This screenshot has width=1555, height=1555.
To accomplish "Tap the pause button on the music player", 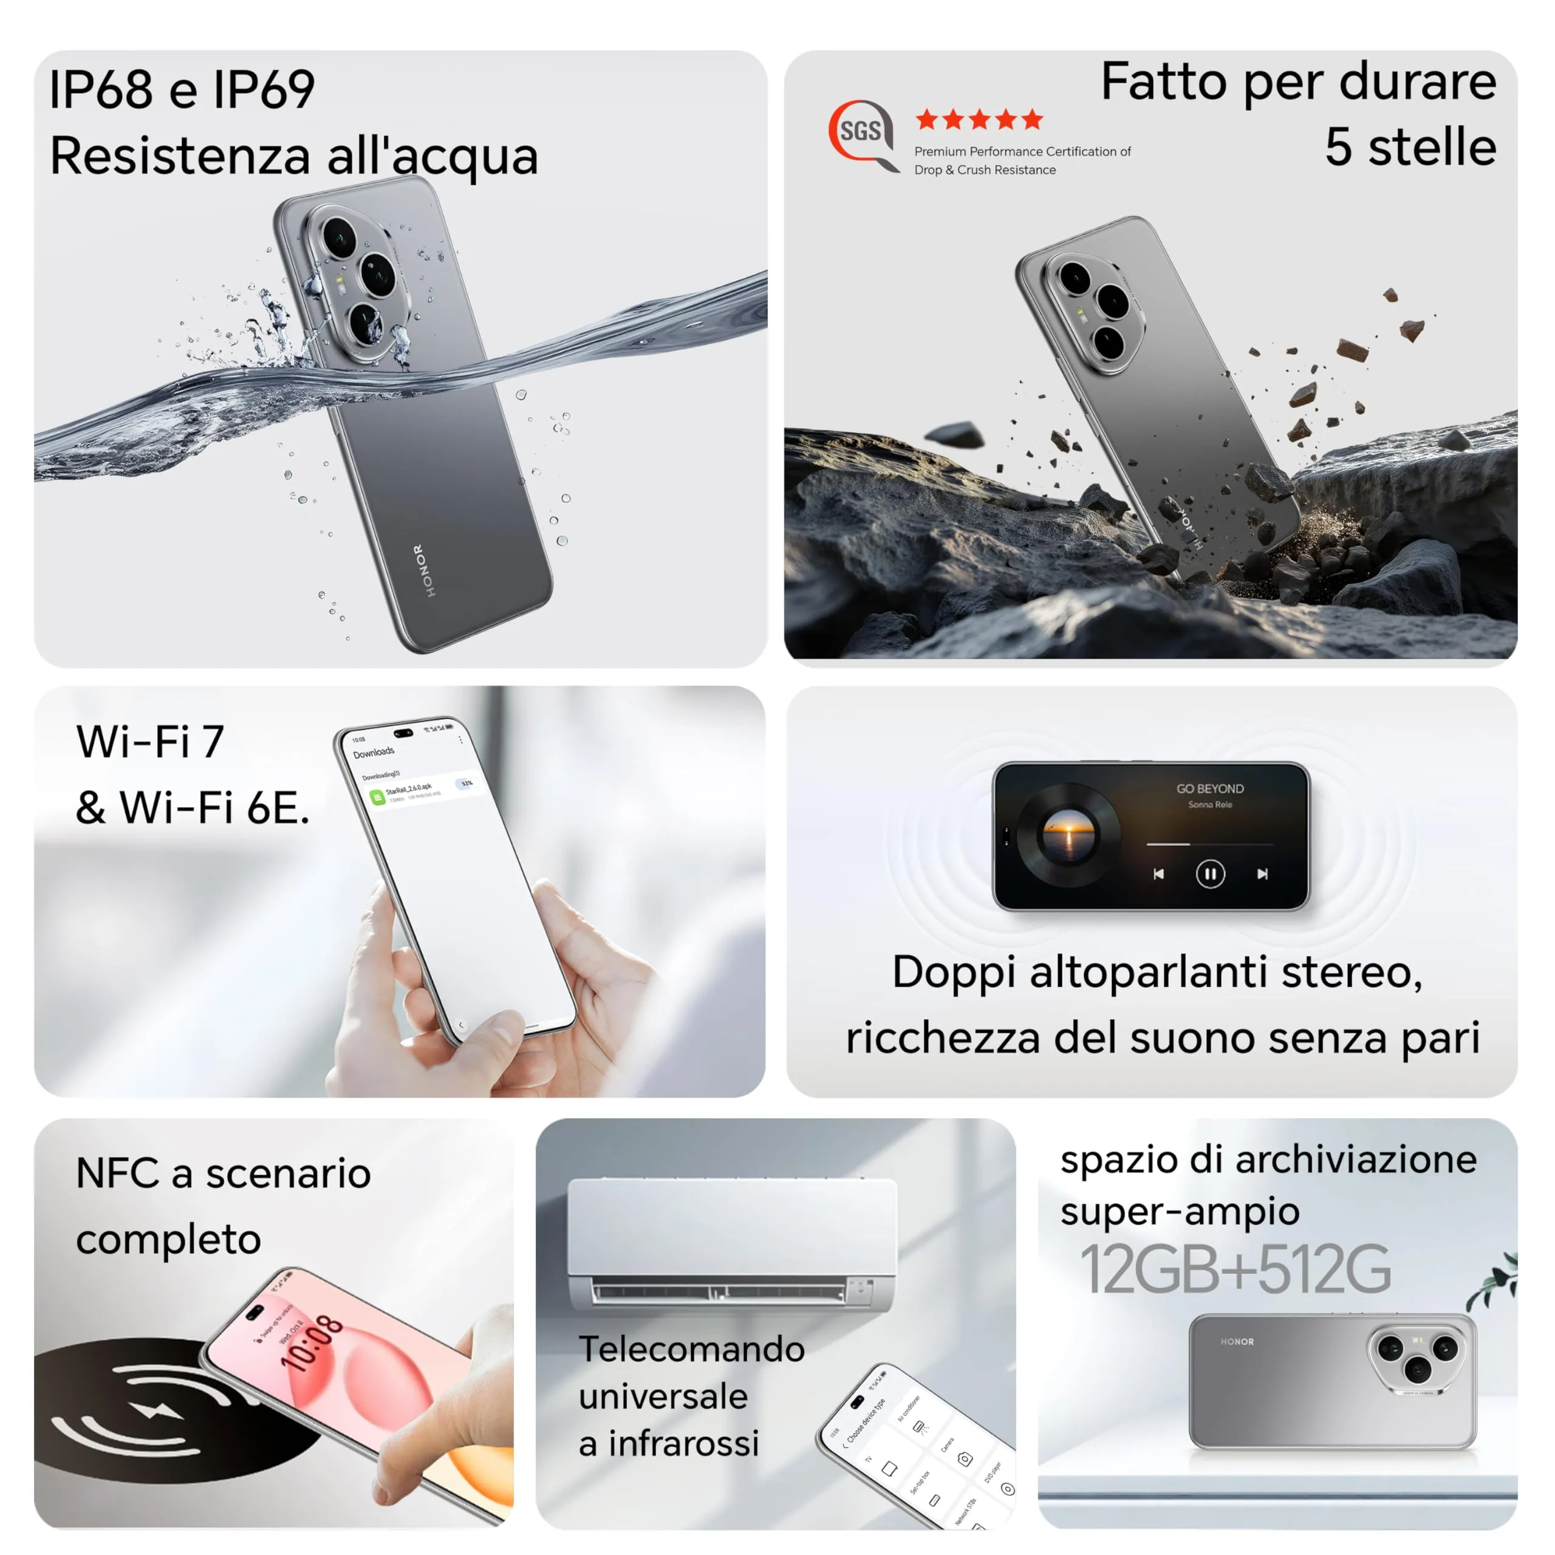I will point(1210,873).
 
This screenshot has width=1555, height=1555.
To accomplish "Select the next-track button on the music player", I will point(1262,874).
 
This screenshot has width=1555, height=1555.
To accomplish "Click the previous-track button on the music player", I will point(1158,874).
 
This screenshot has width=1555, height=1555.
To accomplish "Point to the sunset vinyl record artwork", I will point(1068,835).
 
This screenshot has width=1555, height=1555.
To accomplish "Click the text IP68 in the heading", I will point(101,89).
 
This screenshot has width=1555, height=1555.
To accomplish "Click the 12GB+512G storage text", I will point(1235,1270).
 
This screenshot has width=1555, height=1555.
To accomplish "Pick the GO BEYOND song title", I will point(1210,789).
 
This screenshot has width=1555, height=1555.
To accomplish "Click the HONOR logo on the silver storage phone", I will point(1236,1342).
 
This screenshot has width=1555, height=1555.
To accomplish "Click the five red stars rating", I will point(979,120).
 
